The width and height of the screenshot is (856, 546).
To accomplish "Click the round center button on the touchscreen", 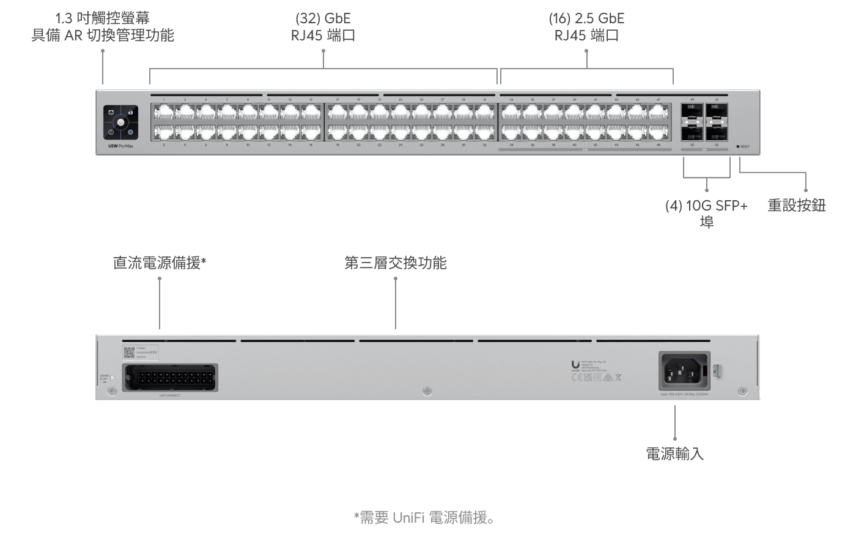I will click(120, 122).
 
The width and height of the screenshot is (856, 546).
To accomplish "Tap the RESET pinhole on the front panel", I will click(738, 147).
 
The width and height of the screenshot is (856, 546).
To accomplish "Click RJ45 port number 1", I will click(164, 113).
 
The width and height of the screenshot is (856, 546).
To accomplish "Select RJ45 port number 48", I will click(659, 132).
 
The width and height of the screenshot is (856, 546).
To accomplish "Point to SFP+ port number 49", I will click(692, 111).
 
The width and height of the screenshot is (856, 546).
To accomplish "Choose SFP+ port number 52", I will click(717, 132).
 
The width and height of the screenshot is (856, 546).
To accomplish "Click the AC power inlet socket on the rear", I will click(684, 370).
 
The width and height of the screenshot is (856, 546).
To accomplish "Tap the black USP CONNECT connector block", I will click(169, 377).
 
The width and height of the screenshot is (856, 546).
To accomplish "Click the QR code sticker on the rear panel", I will click(129, 352).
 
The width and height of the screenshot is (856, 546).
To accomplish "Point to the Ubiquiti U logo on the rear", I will click(575, 365).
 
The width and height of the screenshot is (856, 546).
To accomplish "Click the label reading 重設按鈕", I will click(796, 206).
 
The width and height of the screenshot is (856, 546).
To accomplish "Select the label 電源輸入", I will click(675, 454).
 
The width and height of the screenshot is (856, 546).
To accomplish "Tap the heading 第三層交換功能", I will click(395, 263).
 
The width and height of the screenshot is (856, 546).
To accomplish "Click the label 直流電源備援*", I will click(160, 263).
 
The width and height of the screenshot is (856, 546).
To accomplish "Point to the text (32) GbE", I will click(323, 18).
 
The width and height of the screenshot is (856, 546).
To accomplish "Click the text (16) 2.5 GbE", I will click(586, 18).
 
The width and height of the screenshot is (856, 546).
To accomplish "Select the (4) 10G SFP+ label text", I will click(706, 206).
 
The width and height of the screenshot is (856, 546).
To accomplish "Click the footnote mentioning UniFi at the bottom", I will click(424, 518).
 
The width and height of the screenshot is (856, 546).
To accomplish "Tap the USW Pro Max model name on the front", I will click(120, 146).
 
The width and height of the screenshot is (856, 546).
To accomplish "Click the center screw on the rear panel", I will click(427, 391).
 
